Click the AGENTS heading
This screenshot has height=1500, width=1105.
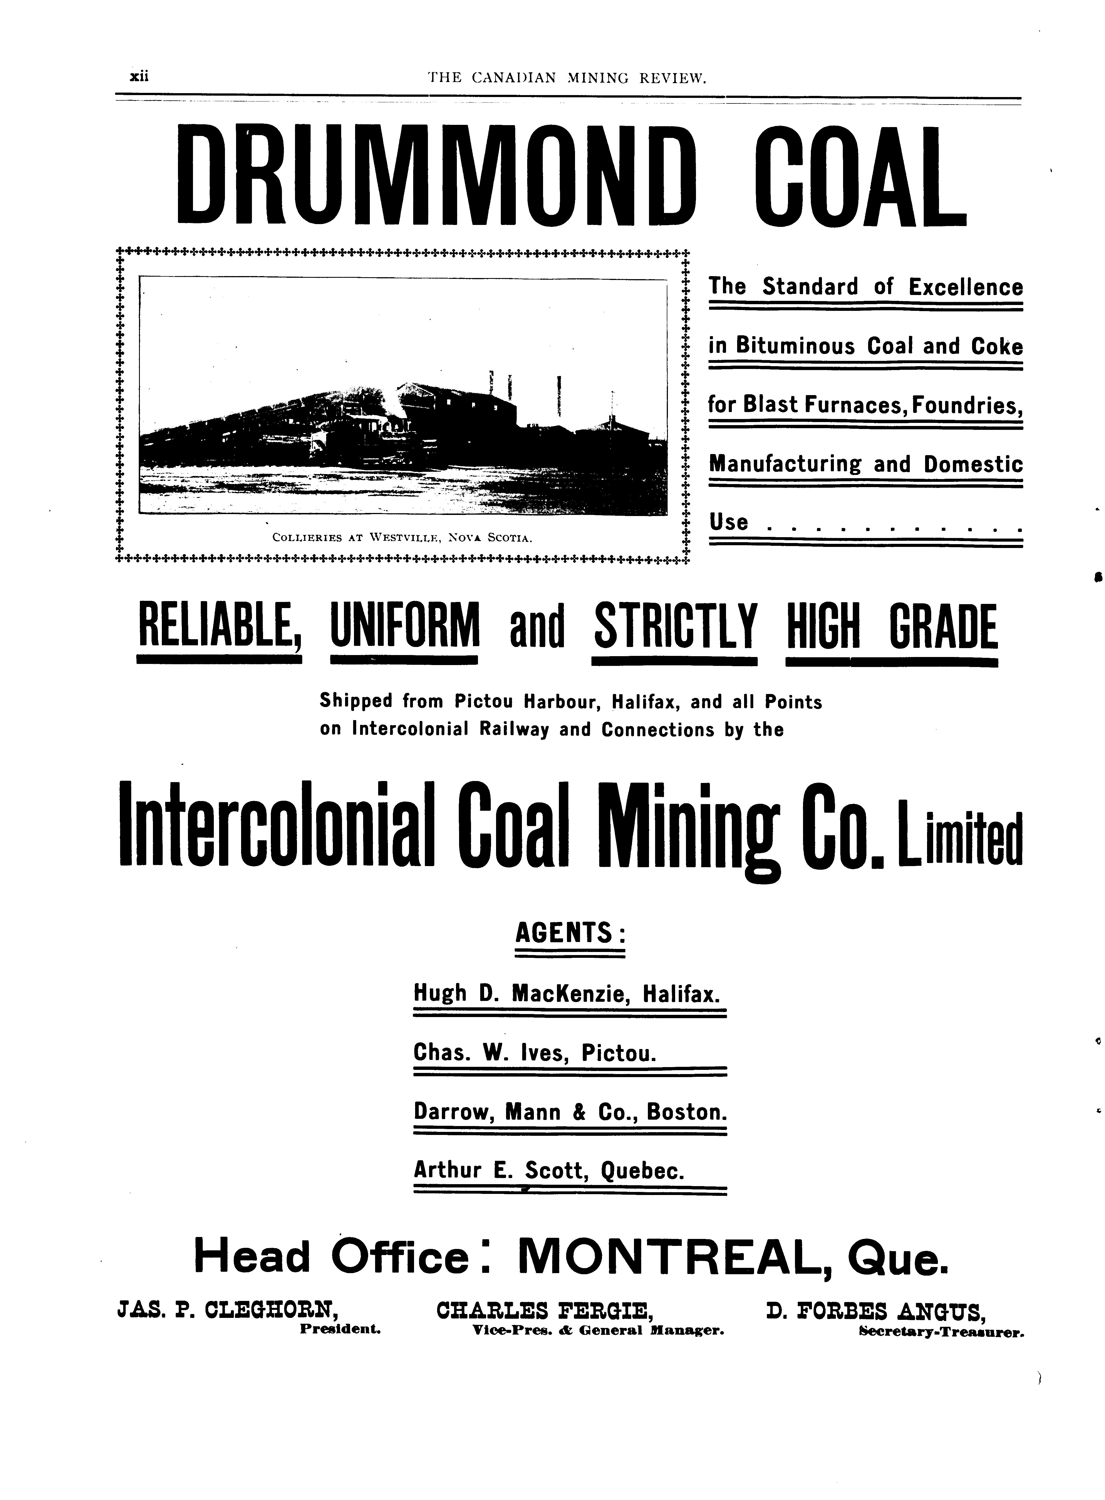tap(569, 932)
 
